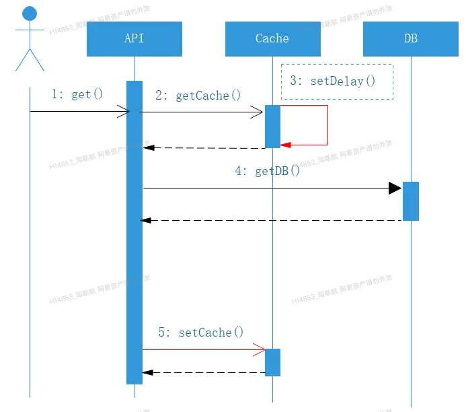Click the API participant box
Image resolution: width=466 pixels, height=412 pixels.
[134, 39]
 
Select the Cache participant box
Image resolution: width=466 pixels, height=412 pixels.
[272, 39]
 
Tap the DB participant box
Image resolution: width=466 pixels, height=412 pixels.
[410, 39]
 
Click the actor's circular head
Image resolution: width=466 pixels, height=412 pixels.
[30, 13]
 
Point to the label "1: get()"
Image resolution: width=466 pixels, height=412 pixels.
[77, 94]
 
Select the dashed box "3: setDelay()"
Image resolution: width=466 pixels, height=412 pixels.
[336, 81]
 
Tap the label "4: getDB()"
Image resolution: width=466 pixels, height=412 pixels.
[267, 171]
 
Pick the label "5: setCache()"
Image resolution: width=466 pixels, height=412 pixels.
[200, 332]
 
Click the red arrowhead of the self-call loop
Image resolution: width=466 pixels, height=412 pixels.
[285, 145]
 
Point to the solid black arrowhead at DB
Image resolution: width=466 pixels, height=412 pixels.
[395, 188]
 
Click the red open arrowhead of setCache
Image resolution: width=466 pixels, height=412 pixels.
[260, 349]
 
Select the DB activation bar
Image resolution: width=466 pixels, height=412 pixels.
[411, 201]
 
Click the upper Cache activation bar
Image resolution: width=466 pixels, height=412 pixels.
[272, 126]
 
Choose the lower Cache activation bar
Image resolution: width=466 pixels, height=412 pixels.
[272, 362]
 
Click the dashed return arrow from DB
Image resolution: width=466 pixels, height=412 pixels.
[269, 220]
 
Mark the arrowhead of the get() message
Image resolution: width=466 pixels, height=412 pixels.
[124, 112]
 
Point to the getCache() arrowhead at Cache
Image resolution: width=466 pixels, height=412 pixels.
[258, 112]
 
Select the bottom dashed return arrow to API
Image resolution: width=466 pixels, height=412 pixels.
[202, 372]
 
